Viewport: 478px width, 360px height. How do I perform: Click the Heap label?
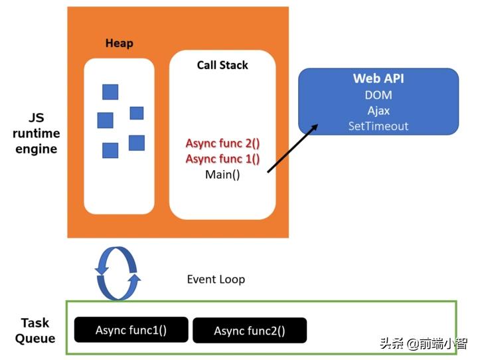[119, 43]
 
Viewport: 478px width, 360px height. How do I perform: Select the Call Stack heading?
[222, 65]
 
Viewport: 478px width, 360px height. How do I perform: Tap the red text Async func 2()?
[222, 143]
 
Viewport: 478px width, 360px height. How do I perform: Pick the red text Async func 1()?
[222, 159]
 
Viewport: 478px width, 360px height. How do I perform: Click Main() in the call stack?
[222, 175]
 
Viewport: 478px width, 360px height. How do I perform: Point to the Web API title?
[378, 79]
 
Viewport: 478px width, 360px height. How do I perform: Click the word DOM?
[378, 96]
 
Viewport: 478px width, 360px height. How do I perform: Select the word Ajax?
[378, 111]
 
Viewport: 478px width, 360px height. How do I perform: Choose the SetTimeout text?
[378, 126]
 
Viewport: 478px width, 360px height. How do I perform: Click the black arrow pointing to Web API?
[291, 147]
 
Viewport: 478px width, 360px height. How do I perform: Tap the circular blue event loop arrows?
[118, 274]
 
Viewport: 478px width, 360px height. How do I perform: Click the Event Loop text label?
[216, 279]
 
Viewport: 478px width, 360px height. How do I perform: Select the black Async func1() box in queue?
[131, 330]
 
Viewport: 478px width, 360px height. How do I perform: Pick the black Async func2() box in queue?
[250, 331]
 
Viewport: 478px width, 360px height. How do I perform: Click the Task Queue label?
[35, 331]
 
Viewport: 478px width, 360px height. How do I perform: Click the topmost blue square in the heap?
[110, 92]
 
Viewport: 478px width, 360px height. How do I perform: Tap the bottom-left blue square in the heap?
[110, 150]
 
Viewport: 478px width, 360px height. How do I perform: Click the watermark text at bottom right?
[423, 343]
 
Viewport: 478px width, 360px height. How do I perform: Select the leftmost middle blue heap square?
[105, 120]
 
